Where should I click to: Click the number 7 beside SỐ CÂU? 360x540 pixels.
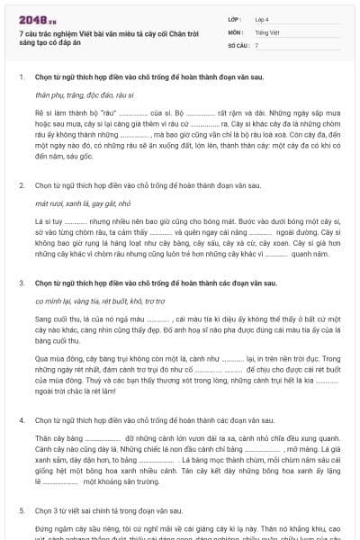click(x=256, y=44)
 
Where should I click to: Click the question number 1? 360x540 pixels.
click(x=21, y=77)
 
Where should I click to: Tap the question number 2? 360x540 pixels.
click(x=21, y=185)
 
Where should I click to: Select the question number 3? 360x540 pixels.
click(x=21, y=283)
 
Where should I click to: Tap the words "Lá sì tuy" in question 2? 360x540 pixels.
click(x=47, y=220)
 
